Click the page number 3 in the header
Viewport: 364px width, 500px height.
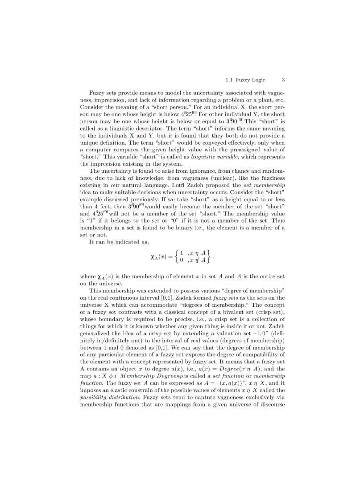pyautogui.click(x=283, y=80)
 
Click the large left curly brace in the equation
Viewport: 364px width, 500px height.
pyautogui.click(x=177, y=256)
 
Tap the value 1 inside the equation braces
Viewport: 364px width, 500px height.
pyautogui.click(x=182, y=253)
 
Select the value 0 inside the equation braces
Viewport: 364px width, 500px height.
pyautogui.click(x=182, y=260)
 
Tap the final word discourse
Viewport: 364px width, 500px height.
pyautogui.click(x=271, y=404)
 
